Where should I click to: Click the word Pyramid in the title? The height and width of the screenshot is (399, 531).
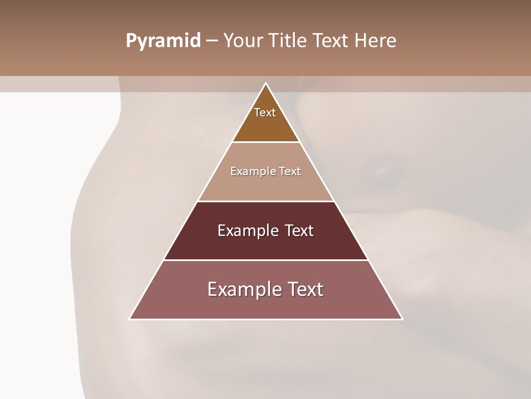[x=163, y=41]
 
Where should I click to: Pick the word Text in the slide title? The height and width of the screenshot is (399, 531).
[x=332, y=41]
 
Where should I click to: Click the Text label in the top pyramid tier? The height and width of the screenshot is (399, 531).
[x=265, y=112]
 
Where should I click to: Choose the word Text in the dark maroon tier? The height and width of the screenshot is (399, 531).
[x=299, y=231]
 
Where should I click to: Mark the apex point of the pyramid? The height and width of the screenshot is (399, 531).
[x=266, y=83]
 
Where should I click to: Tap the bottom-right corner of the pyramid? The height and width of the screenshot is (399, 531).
[x=402, y=319]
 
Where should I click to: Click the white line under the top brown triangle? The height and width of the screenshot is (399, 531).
[x=266, y=142]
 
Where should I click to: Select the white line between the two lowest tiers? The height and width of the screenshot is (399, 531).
[x=266, y=260]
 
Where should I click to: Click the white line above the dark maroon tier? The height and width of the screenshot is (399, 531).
[x=266, y=201]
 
